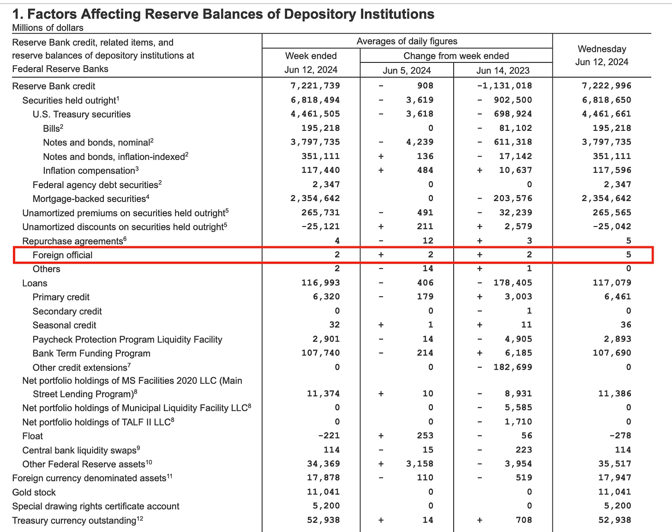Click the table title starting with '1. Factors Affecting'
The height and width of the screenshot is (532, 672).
click(223, 14)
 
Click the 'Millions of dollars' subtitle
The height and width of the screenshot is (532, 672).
click(48, 28)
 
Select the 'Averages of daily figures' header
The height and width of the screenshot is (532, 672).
click(407, 41)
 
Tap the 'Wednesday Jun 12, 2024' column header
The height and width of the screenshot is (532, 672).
click(601, 55)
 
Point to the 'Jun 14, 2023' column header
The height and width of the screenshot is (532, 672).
click(503, 70)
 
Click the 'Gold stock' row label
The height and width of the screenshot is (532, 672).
click(34, 492)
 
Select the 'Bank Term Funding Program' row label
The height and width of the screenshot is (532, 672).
click(91, 354)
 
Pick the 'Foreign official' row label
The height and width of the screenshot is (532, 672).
click(62, 255)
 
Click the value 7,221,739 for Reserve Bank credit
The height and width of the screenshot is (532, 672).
click(315, 86)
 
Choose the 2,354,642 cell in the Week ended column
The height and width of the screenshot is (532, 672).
click(315, 198)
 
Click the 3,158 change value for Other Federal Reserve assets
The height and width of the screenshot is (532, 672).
click(420, 464)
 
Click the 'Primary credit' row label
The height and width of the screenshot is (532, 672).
click(61, 297)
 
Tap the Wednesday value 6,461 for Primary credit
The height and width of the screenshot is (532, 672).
click(618, 297)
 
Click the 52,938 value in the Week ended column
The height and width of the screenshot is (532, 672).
click(323, 520)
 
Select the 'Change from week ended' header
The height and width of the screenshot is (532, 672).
click(456, 56)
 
